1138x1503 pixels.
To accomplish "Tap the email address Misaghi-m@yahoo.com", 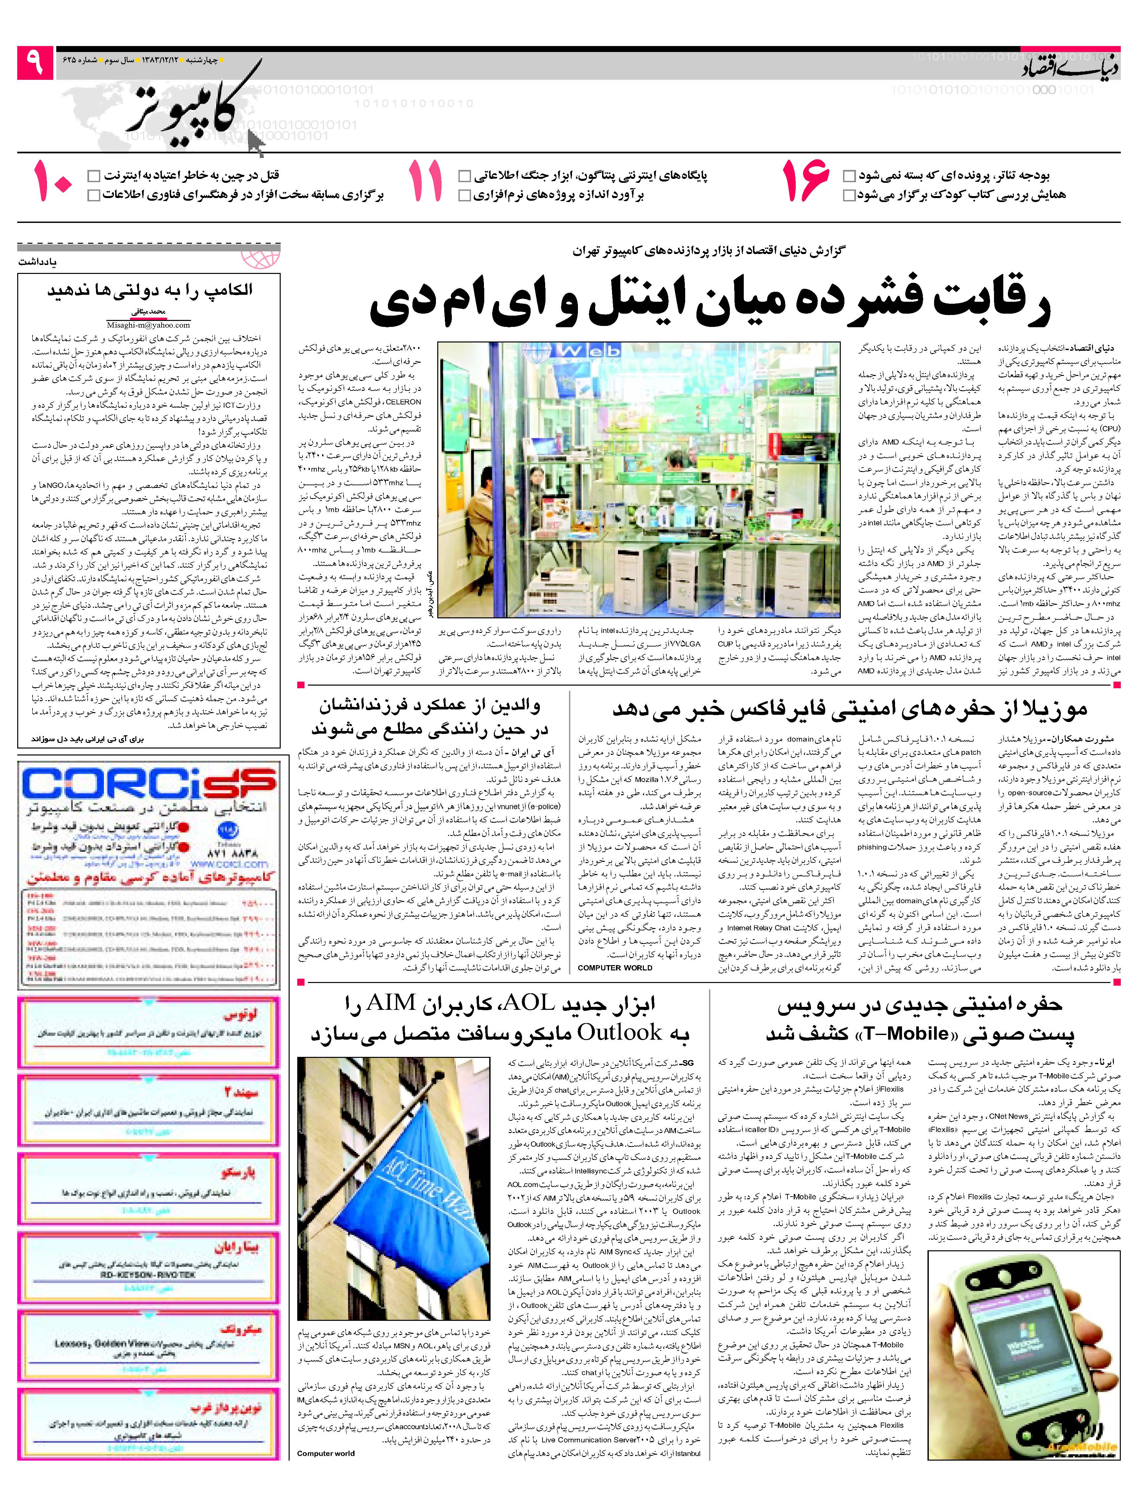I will [148, 326].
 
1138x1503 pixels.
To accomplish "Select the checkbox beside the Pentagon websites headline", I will [464, 176].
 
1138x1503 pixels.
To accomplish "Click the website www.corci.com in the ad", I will [229, 864].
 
